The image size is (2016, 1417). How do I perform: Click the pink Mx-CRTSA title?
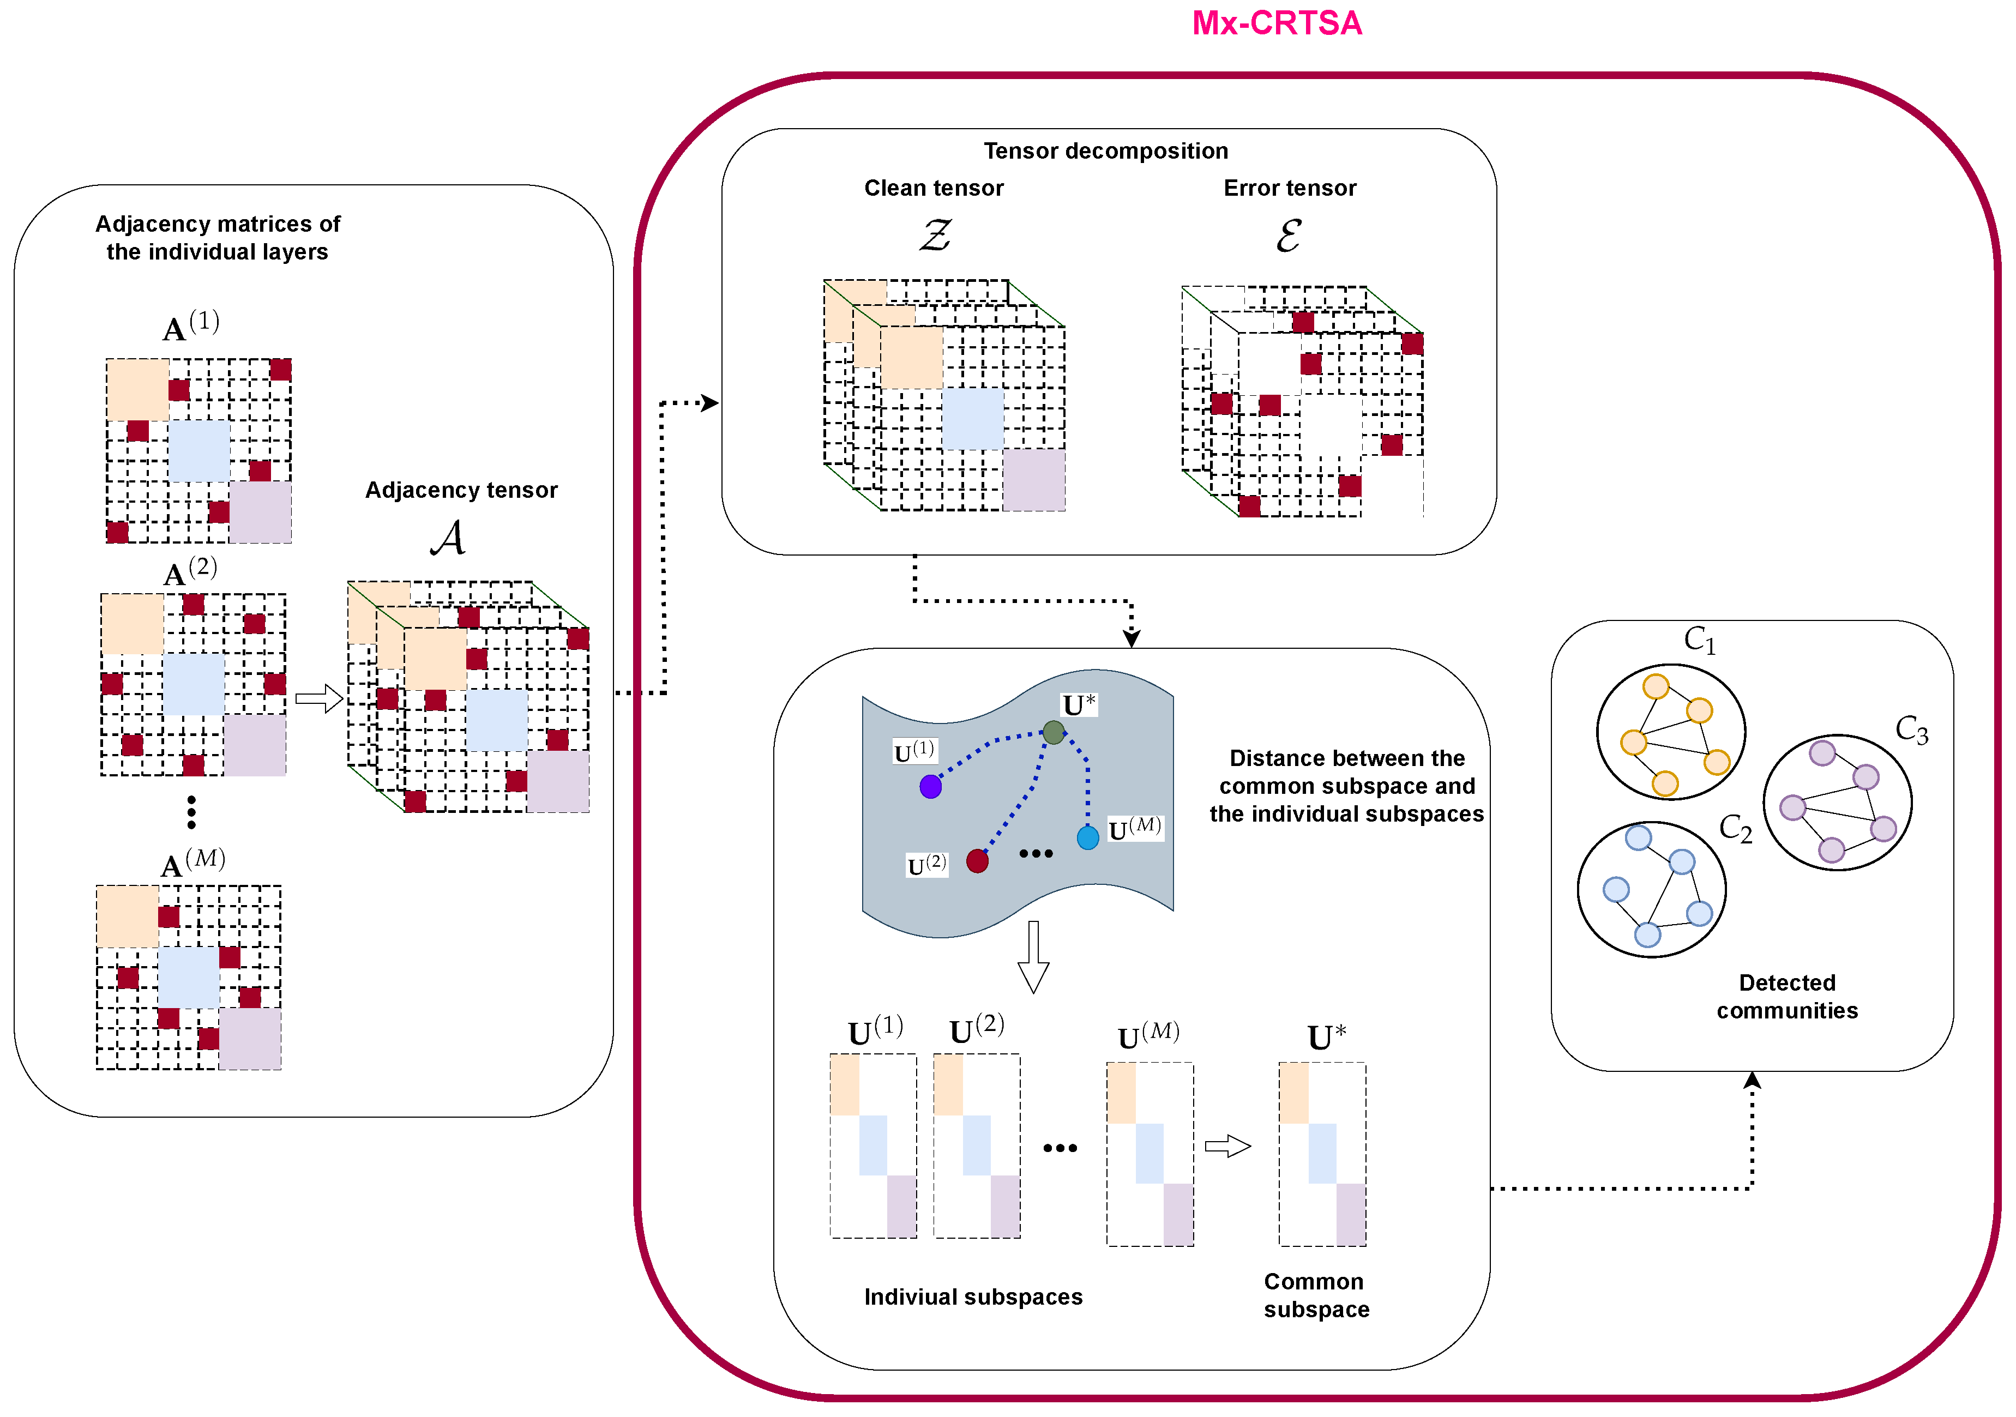1276,23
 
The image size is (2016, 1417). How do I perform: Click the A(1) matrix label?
190,327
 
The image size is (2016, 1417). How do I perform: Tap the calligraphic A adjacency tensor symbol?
448,537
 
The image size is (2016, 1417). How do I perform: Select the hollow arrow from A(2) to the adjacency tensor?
318,699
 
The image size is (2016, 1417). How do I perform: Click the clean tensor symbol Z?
935,236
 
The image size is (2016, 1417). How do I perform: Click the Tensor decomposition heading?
1105,151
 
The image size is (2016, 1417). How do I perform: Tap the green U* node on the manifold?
1054,732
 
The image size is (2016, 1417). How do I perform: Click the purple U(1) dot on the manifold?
931,787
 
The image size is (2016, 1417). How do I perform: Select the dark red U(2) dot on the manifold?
977,861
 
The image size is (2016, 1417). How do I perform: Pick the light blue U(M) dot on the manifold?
1088,837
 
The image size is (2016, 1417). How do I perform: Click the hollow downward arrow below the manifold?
1033,957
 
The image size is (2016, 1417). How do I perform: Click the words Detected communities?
1787,997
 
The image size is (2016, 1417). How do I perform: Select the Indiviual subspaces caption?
973,1297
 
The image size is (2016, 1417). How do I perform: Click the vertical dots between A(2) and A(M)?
191,812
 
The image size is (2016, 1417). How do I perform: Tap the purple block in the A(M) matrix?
250,1039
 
